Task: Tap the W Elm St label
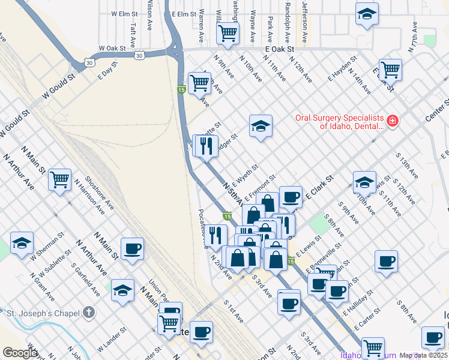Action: tap(125, 13)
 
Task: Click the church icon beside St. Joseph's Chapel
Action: tap(89, 312)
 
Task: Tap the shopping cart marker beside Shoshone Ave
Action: tap(61, 179)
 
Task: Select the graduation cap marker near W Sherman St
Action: tap(22, 242)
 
